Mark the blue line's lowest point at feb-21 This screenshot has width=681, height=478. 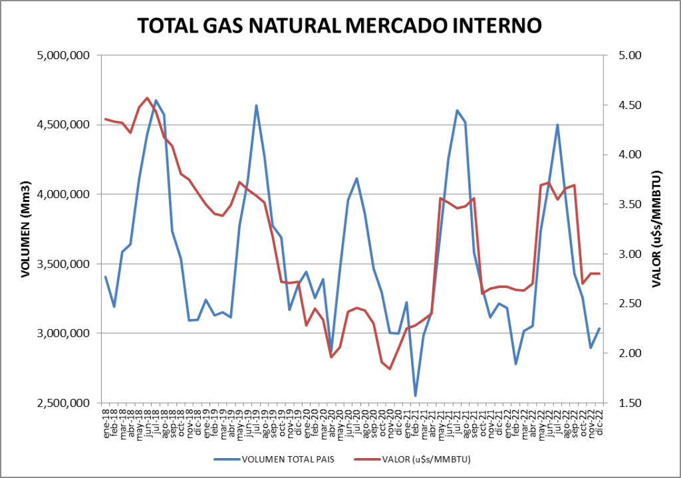coord(416,396)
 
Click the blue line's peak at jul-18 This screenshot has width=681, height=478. coord(156,100)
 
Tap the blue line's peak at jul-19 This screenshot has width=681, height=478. coord(256,105)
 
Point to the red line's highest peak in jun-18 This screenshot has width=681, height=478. coord(148,98)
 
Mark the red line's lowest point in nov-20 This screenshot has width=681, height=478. coord(390,368)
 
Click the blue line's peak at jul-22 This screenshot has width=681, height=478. coord(557,124)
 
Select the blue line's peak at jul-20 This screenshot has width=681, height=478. coord(357,178)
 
